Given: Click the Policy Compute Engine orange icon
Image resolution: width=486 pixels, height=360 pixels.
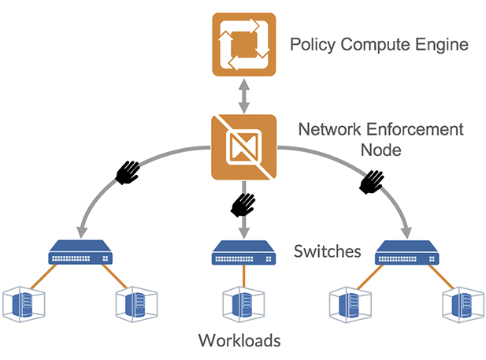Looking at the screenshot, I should click(243, 43).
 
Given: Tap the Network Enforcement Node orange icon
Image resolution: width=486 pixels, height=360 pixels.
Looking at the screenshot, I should click(243, 147).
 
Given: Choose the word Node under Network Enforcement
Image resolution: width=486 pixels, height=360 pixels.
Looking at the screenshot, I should click(380, 148).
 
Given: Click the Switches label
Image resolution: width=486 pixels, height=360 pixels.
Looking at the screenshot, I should click(327, 252).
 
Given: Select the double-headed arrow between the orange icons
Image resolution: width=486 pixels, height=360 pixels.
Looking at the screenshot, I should click(243, 95).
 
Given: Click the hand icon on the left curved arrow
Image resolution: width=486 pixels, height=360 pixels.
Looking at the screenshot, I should click(128, 172).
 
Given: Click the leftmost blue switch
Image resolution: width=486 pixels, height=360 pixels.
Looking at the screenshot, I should click(82, 254).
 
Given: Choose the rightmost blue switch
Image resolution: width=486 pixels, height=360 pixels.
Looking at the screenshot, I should click(406, 254).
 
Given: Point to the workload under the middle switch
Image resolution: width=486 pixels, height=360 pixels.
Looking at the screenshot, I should click(243, 302).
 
